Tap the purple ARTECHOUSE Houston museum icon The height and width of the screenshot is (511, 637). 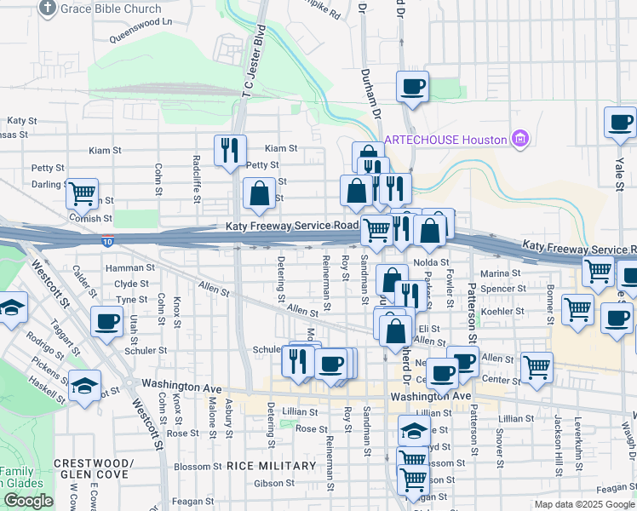(x=519, y=139)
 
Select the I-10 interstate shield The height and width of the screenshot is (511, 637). (x=107, y=242)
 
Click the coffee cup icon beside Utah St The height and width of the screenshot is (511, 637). (x=107, y=321)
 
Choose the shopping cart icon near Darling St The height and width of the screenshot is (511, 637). (x=83, y=193)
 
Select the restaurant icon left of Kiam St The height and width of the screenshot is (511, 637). (x=230, y=151)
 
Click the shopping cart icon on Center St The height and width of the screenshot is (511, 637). (x=537, y=367)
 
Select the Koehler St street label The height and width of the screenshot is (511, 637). (x=502, y=312)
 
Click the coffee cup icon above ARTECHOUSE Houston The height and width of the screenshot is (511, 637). (x=412, y=86)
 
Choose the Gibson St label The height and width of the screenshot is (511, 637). (x=273, y=483)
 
